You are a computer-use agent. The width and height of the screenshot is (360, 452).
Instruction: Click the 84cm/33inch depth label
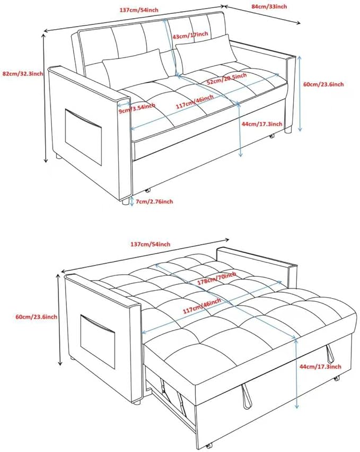[x=269, y=6]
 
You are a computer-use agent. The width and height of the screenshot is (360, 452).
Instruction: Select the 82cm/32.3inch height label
[x=23, y=74]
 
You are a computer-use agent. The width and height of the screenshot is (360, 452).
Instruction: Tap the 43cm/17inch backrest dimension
[x=190, y=36]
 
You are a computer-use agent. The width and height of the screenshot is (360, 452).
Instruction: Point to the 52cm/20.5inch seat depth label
[x=227, y=78]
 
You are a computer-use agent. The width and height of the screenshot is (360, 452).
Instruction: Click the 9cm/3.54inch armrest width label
[x=137, y=108]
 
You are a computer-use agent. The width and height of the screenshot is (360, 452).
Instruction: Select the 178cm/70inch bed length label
[x=216, y=278]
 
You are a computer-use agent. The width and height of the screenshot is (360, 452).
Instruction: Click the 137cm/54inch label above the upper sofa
[x=139, y=10]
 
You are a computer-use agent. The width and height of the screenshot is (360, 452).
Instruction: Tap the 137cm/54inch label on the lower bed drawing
[x=151, y=244]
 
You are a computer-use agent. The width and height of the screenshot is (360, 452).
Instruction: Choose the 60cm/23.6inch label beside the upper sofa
[x=323, y=84]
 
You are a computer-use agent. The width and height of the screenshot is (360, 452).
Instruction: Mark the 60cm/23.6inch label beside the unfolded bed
[x=36, y=317]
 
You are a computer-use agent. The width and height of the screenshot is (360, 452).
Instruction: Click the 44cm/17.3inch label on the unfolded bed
[x=320, y=367]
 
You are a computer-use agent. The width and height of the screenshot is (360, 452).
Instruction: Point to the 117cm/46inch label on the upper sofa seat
[x=195, y=102]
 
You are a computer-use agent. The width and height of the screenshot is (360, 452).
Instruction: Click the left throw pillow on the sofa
[x=135, y=68]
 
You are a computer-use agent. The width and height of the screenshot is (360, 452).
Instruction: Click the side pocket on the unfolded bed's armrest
[x=98, y=341]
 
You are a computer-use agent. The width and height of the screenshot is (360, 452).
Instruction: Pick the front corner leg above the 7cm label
[x=125, y=201]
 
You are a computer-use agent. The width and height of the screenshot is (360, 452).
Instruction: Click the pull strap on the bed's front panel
[x=246, y=396]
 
